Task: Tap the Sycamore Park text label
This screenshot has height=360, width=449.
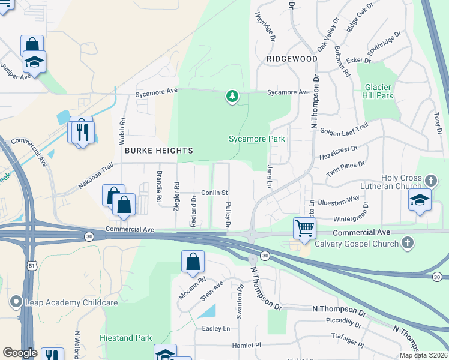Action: coord(256,139)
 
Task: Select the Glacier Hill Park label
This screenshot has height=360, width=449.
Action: coord(378,91)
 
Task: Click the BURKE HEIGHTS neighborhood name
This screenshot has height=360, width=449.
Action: coord(158,151)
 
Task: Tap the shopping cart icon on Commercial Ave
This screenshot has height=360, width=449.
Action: coord(305,228)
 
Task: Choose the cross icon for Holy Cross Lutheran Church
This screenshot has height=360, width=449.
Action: coord(430,181)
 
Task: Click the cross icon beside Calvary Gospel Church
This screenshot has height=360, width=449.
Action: coord(407,243)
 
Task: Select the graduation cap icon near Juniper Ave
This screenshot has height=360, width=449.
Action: coord(35,62)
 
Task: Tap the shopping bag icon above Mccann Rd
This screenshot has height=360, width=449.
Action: coord(193,262)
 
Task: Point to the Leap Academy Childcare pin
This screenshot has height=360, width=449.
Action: coord(16,303)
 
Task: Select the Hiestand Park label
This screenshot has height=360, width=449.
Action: coord(126,338)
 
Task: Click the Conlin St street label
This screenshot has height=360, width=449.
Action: coord(214,193)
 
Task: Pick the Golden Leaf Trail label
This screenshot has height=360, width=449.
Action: coord(344,128)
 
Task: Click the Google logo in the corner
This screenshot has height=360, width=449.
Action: coord(20,353)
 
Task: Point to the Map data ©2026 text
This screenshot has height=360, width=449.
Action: coord(423,355)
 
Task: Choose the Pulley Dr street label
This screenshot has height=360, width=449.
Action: coord(228,215)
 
